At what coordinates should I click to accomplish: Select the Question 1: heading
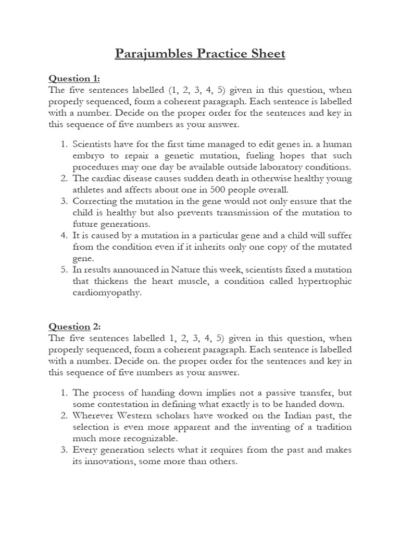pyautogui.click(x=73, y=78)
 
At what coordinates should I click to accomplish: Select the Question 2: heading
pyautogui.click(x=74, y=326)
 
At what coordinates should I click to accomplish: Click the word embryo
pyautogui.click(x=89, y=155)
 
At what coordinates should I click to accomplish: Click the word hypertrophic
pyautogui.click(x=325, y=281)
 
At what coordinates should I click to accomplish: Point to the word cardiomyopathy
pyautogui.click(x=107, y=293)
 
